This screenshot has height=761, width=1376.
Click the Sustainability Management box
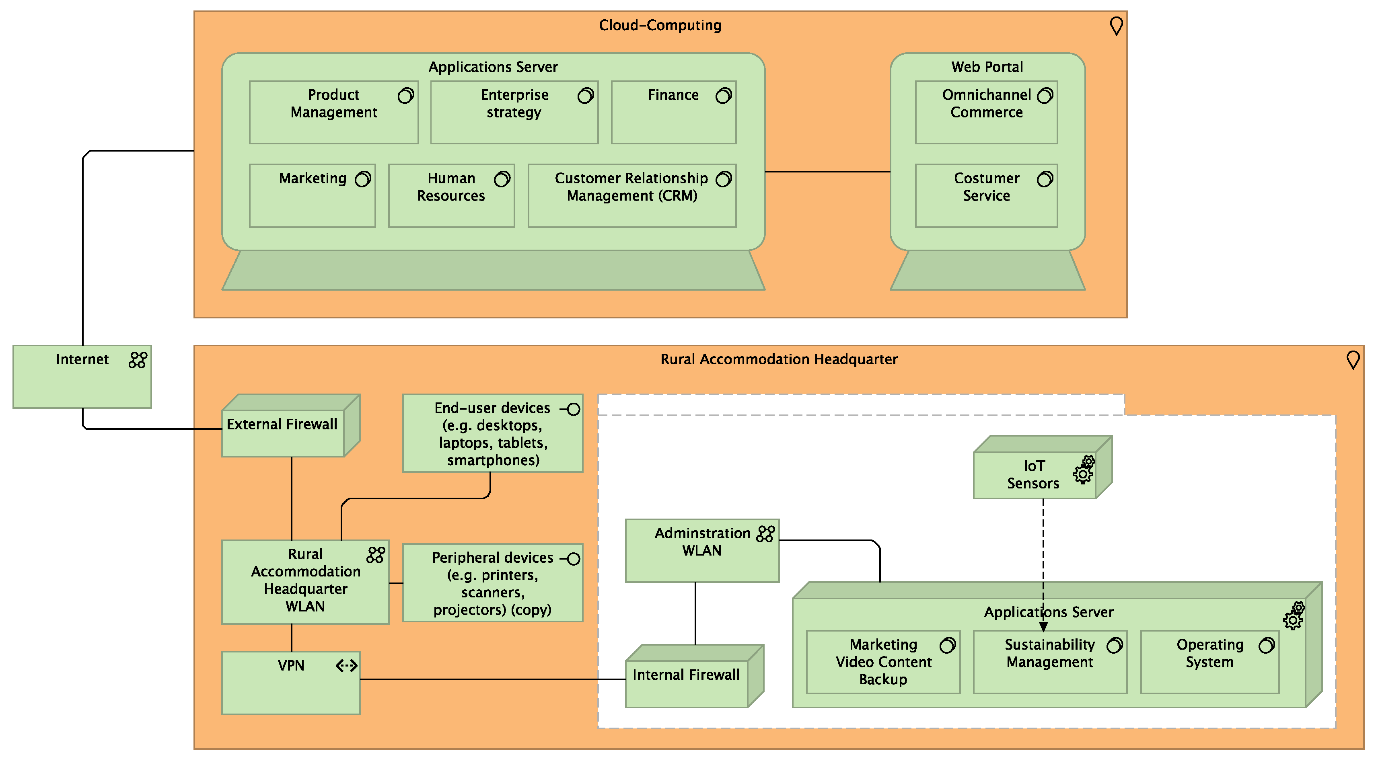1050,662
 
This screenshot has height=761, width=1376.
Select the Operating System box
1209,662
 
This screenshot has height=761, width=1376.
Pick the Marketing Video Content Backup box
883,662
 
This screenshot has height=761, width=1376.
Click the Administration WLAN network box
702,550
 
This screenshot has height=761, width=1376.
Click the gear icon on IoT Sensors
1084,470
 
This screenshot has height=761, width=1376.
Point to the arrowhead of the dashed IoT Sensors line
1043,627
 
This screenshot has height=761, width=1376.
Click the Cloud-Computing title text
660,25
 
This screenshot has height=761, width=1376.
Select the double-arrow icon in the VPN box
347,665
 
